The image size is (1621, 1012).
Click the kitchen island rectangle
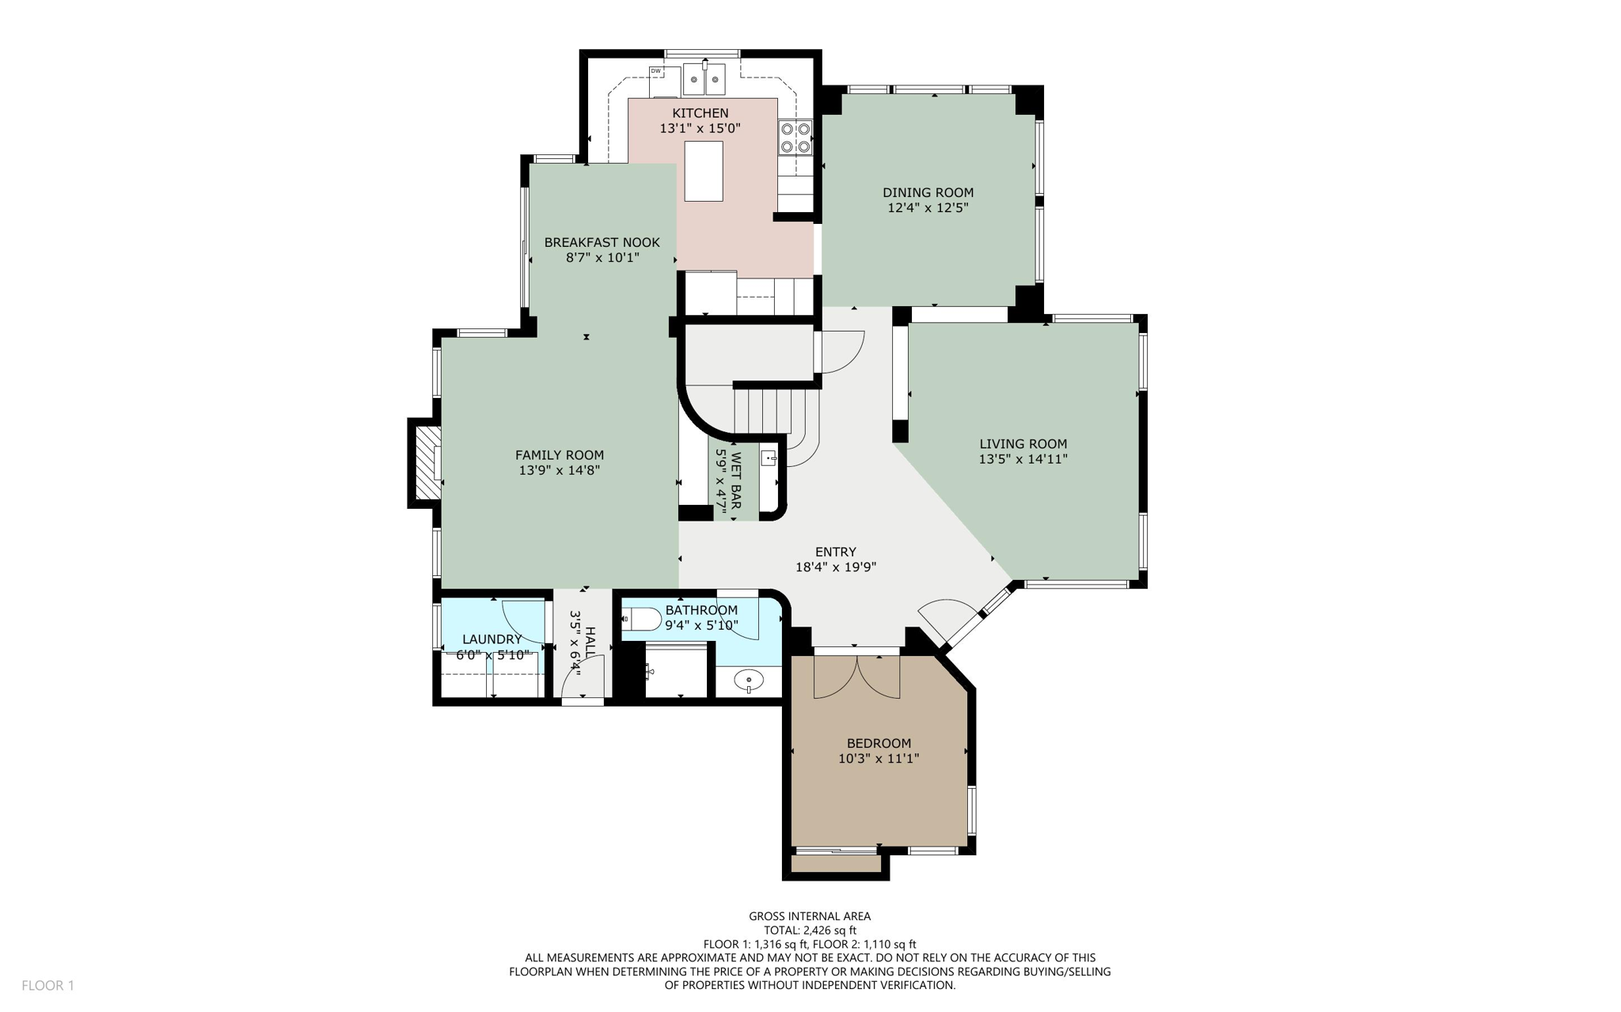click(703, 171)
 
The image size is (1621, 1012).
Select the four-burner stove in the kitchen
click(795, 137)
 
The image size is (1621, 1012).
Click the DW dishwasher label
click(655, 71)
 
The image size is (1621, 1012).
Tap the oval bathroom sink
click(748, 680)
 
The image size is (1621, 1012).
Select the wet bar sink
click(769, 458)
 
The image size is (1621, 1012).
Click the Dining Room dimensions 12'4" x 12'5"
click(928, 208)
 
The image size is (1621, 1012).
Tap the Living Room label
click(1023, 444)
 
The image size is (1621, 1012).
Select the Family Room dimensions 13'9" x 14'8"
click(559, 470)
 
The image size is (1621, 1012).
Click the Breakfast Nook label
click(602, 242)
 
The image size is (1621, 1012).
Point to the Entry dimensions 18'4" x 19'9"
click(835, 567)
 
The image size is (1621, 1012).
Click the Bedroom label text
click(879, 743)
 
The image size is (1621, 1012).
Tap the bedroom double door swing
click(856, 679)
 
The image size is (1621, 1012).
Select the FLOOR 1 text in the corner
click(47, 985)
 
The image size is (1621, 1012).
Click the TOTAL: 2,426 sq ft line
click(810, 931)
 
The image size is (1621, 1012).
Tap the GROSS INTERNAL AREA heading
click(810, 916)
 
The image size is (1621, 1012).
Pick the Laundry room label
click(492, 639)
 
